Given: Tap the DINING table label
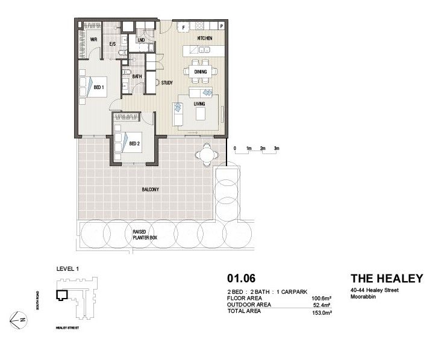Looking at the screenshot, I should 201,72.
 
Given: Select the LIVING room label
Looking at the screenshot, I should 199,104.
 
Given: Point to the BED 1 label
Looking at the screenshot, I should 99,87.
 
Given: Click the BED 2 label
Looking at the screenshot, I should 134,144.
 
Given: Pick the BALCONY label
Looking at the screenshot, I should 150,189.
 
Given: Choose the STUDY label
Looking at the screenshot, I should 167,82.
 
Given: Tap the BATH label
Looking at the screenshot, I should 137,76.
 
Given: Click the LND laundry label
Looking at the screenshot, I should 141,40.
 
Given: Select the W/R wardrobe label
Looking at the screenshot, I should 94,40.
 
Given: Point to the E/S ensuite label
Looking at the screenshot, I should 113,44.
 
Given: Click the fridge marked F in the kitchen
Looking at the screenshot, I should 183,27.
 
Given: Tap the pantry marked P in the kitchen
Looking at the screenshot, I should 221,27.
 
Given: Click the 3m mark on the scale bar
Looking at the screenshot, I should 276,148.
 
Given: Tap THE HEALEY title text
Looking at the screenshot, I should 386,279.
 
